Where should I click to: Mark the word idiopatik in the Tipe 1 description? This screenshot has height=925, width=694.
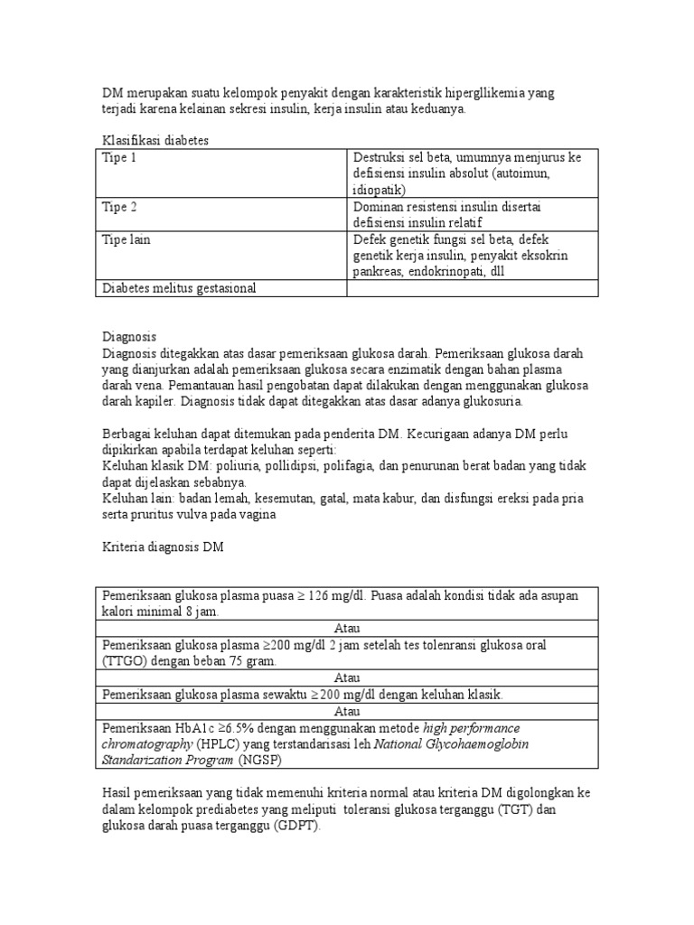[380, 191]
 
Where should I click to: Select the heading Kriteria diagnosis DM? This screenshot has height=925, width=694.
[161, 547]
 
